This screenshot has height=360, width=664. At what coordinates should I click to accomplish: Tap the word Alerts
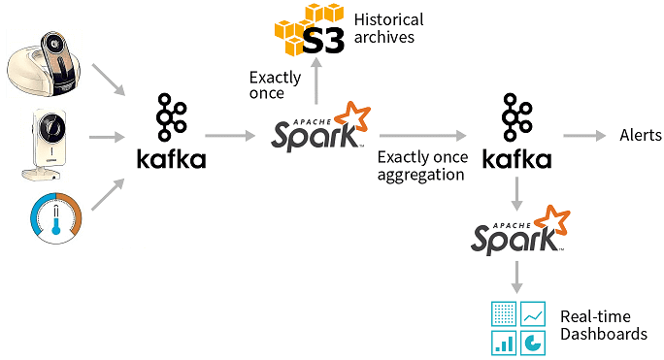click(x=641, y=135)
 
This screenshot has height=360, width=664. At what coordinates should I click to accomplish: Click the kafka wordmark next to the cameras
click(x=172, y=159)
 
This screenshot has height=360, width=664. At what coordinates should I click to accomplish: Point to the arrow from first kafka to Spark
click(x=231, y=136)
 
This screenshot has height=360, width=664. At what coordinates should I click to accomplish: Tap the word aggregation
click(x=420, y=175)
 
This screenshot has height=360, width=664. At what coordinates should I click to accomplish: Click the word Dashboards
click(x=603, y=334)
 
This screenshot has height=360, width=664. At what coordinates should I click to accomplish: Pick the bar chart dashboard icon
click(x=504, y=342)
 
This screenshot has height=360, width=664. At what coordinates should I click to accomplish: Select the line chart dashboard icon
click(x=533, y=312)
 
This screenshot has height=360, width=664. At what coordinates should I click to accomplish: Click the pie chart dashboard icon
click(x=533, y=342)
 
